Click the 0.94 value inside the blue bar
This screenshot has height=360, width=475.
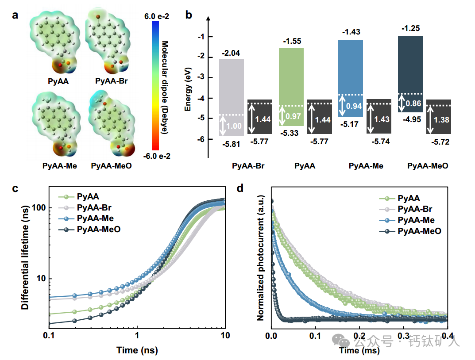coord(351,106)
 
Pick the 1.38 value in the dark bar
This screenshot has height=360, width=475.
coord(439,119)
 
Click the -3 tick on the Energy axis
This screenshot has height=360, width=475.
coord(202,77)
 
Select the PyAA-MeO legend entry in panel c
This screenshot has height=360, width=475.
coord(98,229)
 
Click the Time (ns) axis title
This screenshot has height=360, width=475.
coord(137,351)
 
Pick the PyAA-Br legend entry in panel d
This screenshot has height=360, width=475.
coord(415,209)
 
